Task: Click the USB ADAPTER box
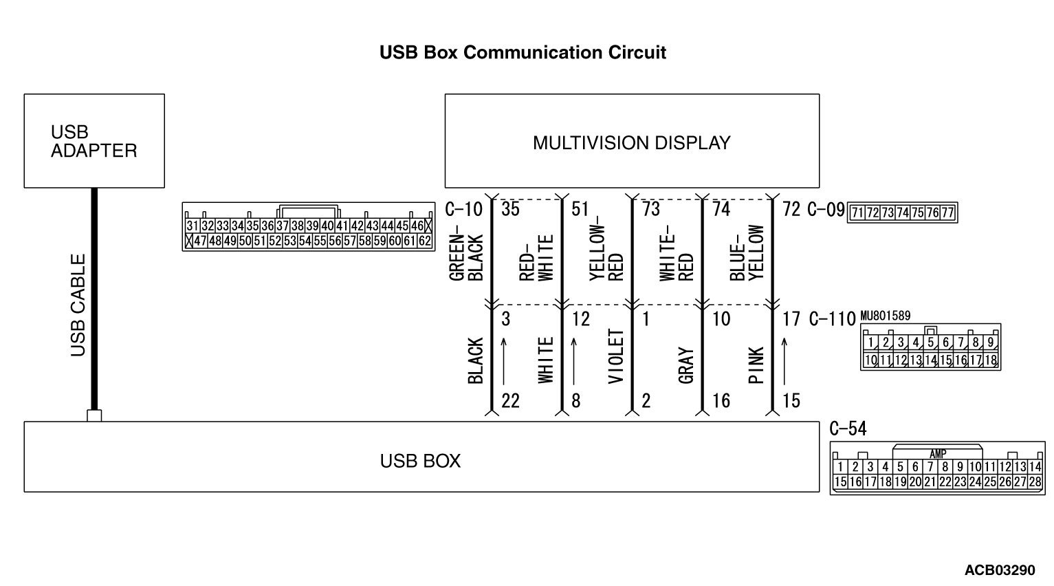point(94,141)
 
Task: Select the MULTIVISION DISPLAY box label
point(631,143)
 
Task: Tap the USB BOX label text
point(420,461)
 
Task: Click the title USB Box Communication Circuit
point(523,53)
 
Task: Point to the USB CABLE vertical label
point(79,305)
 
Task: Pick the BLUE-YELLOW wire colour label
point(747,252)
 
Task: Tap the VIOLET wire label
point(616,356)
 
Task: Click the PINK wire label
point(756,365)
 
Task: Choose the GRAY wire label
point(685,365)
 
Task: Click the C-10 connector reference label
point(464,209)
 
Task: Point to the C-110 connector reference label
point(831,319)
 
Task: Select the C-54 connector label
point(848,429)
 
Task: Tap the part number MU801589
point(885,316)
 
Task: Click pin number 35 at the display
point(510,209)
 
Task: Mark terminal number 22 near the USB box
point(510,400)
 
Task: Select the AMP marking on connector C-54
point(937,454)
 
